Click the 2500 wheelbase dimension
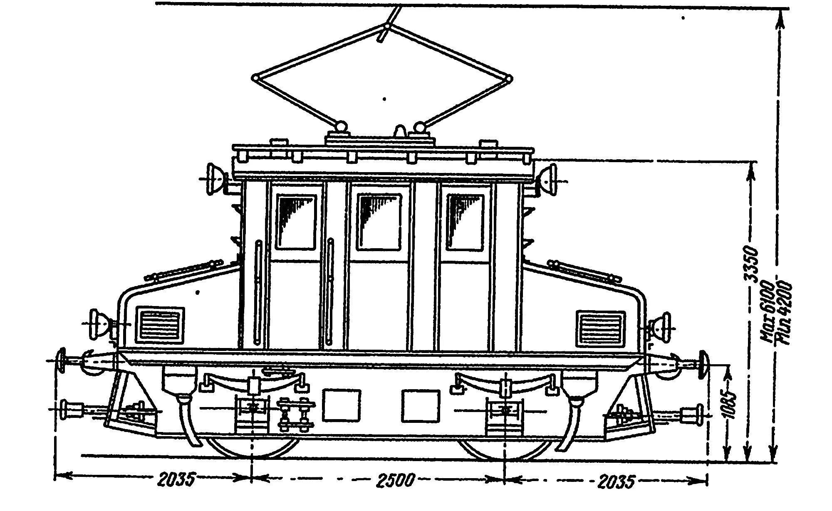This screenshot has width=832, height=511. tap(396, 480)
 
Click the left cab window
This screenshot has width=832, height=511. tap(296, 222)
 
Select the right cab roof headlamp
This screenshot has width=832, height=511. tap(548, 178)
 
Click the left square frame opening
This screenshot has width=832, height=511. tap(341, 405)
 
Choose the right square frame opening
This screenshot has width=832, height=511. tap(421, 405)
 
